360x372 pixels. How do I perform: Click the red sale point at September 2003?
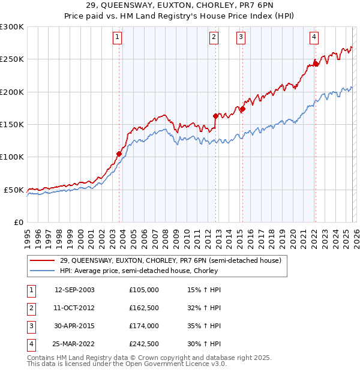(x=119, y=154)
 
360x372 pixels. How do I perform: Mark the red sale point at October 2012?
(x=215, y=116)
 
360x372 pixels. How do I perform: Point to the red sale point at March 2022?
(x=316, y=64)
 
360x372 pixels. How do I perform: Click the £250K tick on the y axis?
(x=12, y=59)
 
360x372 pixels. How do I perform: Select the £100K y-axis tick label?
(x=12, y=157)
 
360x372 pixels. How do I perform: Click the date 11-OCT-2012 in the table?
(x=74, y=307)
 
